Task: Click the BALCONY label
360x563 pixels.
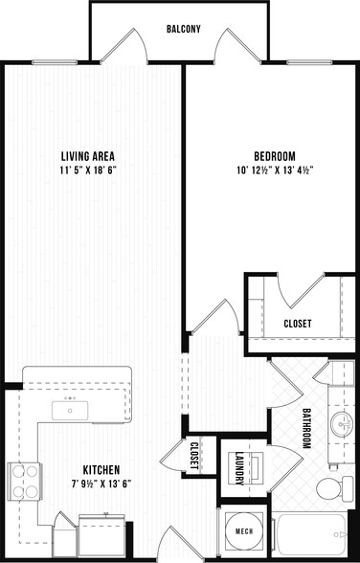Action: tap(184, 29)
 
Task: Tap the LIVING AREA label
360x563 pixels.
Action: tap(88, 157)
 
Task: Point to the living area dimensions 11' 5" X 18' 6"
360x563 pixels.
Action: tap(89, 170)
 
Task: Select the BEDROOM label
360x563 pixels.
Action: tap(275, 157)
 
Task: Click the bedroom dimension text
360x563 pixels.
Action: tap(276, 170)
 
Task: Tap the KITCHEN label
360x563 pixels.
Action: tap(101, 469)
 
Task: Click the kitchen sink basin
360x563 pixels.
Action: tap(70, 411)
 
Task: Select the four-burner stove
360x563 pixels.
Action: tap(25, 481)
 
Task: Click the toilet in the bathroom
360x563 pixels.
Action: tap(335, 488)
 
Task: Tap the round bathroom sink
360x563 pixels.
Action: tap(342, 424)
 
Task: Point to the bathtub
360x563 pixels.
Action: tap(310, 534)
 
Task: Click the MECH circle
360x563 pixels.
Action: tap(244, 531)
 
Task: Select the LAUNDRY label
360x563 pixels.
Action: tap(239, 468)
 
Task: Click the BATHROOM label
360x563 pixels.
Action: tap(306, 428)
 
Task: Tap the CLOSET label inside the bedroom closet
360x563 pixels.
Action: tap(298, 324)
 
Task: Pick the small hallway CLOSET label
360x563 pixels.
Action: tap(194, 456)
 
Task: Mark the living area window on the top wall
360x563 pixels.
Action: tap(55, 62)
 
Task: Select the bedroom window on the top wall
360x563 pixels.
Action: tap(309, 62)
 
